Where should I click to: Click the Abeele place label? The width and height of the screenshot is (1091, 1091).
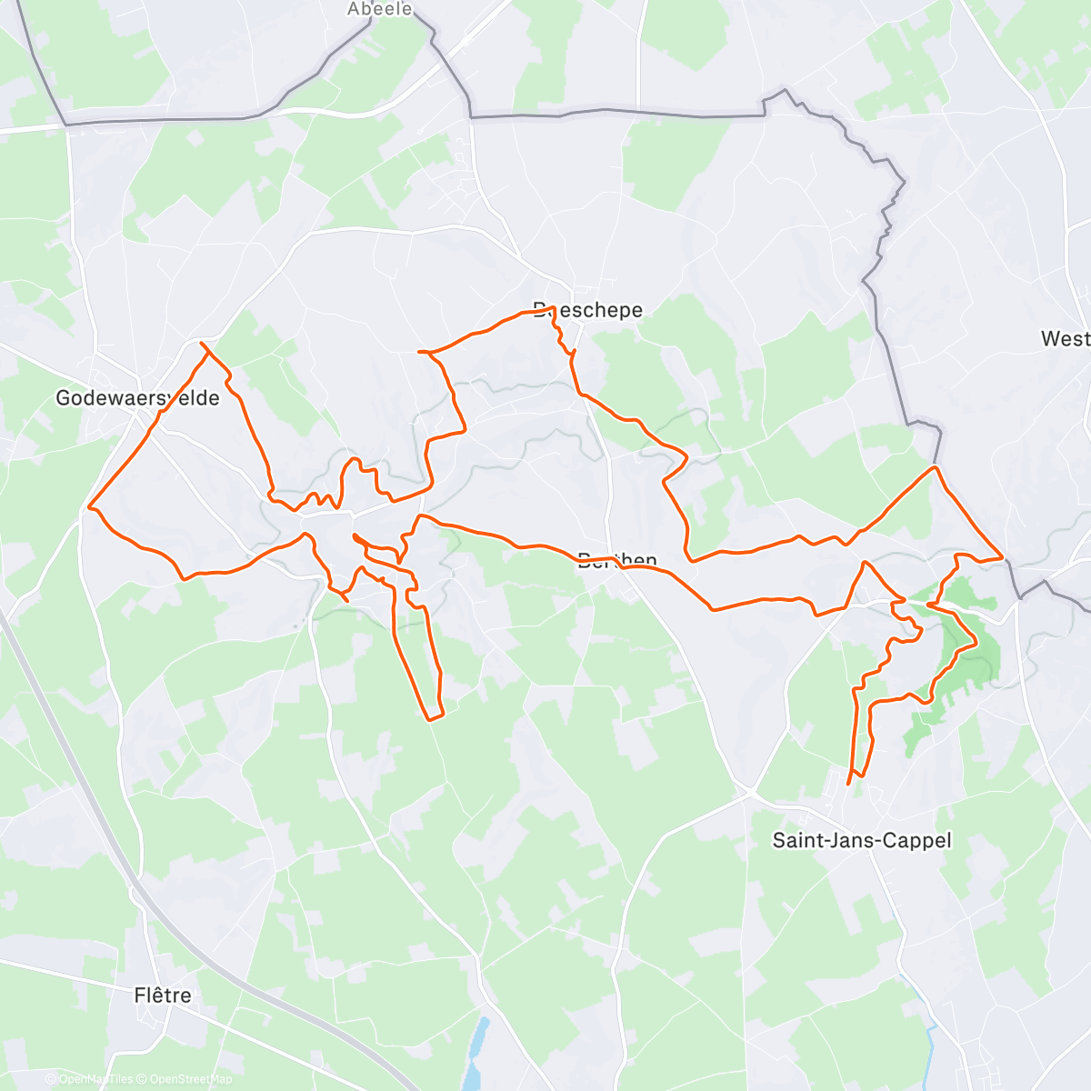(x=380, y=9)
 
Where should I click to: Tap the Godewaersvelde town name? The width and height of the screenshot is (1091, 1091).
(x=137, y=398)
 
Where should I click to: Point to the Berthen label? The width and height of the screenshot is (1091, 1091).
(x=617, y=560)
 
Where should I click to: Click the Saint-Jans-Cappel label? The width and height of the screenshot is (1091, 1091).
(x=861, y=840)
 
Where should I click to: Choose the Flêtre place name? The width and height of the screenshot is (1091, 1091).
(x=163, y=996)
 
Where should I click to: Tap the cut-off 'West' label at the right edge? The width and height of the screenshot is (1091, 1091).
(x=1065, y=339)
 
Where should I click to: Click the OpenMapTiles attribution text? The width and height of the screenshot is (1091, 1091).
(x=88, y=1079)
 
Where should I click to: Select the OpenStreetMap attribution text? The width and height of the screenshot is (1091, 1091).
(x=185, y=1079)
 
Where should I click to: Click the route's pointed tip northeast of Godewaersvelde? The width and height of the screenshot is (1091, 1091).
(x=202, y=344)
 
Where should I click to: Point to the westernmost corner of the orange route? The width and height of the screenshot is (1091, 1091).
(x=88, y=507)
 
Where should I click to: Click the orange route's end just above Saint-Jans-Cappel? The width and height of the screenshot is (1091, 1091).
(x=849, y=782)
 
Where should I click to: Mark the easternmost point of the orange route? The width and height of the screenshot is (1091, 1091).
(x=1002, y=556)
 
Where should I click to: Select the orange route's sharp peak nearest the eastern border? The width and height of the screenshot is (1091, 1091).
(x=935, y=467)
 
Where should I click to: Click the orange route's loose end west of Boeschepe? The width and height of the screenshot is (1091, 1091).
(x=419, y=351)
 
